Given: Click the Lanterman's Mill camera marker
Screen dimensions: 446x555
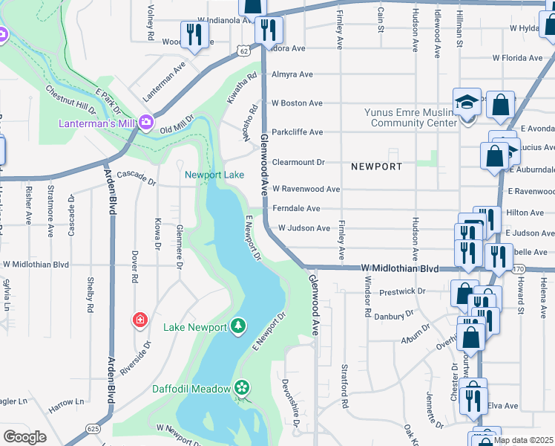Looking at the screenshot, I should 146,121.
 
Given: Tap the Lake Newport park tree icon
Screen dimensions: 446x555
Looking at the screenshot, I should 237,327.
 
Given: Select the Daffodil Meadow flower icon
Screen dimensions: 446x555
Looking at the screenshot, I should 241,387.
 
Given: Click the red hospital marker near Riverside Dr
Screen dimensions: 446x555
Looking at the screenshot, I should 139,320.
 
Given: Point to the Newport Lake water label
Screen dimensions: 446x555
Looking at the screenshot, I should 214,175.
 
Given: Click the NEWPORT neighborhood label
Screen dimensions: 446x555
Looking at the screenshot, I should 376,167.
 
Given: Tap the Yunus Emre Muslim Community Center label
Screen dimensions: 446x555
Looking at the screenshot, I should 410,117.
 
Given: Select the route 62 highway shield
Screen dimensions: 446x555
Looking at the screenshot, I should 243,49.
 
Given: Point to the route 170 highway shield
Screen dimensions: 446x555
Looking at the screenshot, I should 518,268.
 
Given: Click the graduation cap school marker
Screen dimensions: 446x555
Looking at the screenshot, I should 467,103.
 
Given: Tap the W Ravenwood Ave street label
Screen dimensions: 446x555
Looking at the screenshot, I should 306,190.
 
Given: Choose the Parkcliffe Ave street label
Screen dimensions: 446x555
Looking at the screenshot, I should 297,132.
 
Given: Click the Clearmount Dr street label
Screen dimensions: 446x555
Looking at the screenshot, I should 298,161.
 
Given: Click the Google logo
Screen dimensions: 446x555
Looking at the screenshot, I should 24,437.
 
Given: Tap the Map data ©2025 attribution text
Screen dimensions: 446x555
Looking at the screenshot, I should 522,440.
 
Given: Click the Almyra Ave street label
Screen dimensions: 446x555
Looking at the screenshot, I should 292,74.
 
